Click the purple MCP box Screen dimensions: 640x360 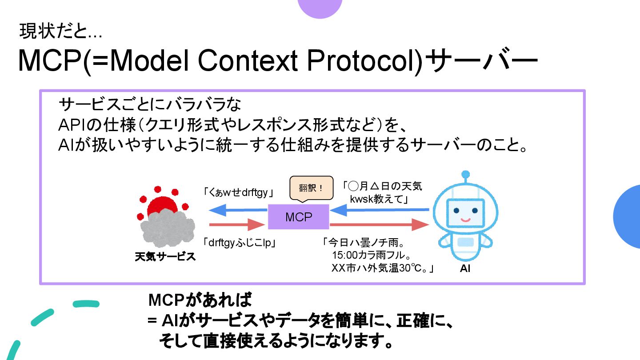(x=298, y=217)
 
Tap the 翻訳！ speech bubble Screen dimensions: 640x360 (x=311, y=188)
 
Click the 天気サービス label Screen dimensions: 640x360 (x=165, y=257)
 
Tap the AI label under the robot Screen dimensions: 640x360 (x=465, y=269)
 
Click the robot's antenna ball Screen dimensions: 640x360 (x=465, y=174)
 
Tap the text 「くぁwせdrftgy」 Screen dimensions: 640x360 (x=238, y=193)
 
